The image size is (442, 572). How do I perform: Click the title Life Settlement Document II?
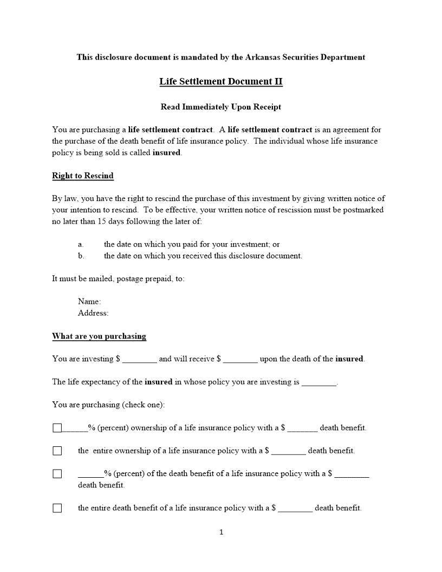click(x=220, y=81)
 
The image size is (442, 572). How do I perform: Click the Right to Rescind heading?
click(x=82, y=175)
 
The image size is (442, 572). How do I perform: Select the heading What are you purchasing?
click(x=99, y=336)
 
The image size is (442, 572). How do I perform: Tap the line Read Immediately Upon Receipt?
click(x=220, y=107)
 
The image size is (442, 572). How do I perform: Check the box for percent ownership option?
click(x=57, y=428)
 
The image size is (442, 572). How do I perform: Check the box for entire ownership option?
click(x=57, y=451)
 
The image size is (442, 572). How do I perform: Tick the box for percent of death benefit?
click(x=57, y=474)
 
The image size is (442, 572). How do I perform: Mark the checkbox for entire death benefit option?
click(x=57, y=508)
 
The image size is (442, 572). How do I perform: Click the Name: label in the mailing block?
click(x=89, y=301)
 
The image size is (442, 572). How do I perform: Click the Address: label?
click(x=93, y=313)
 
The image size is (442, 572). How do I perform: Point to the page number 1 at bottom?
click(x=221, y=532)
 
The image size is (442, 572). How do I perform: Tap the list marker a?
click(x=80, y=244)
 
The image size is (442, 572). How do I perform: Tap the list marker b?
click(x=81, y=256)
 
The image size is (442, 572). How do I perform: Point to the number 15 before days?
click(x=102, y=221)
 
